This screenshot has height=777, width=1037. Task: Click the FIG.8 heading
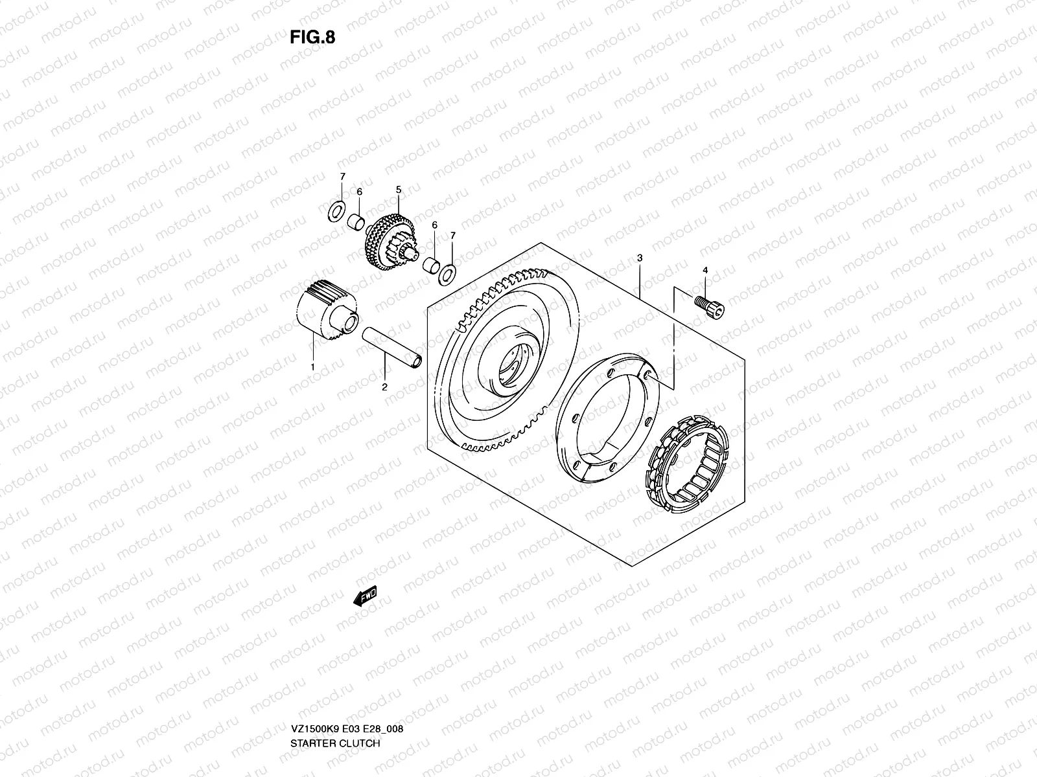click(312, 37)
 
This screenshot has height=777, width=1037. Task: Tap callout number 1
click(312, 366)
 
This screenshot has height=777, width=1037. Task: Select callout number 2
click(384, 387)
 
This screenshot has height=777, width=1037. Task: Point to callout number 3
click(640, 258)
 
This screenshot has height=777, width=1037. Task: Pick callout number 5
click(399, 189)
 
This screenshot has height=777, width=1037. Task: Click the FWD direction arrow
click(365, 597)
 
